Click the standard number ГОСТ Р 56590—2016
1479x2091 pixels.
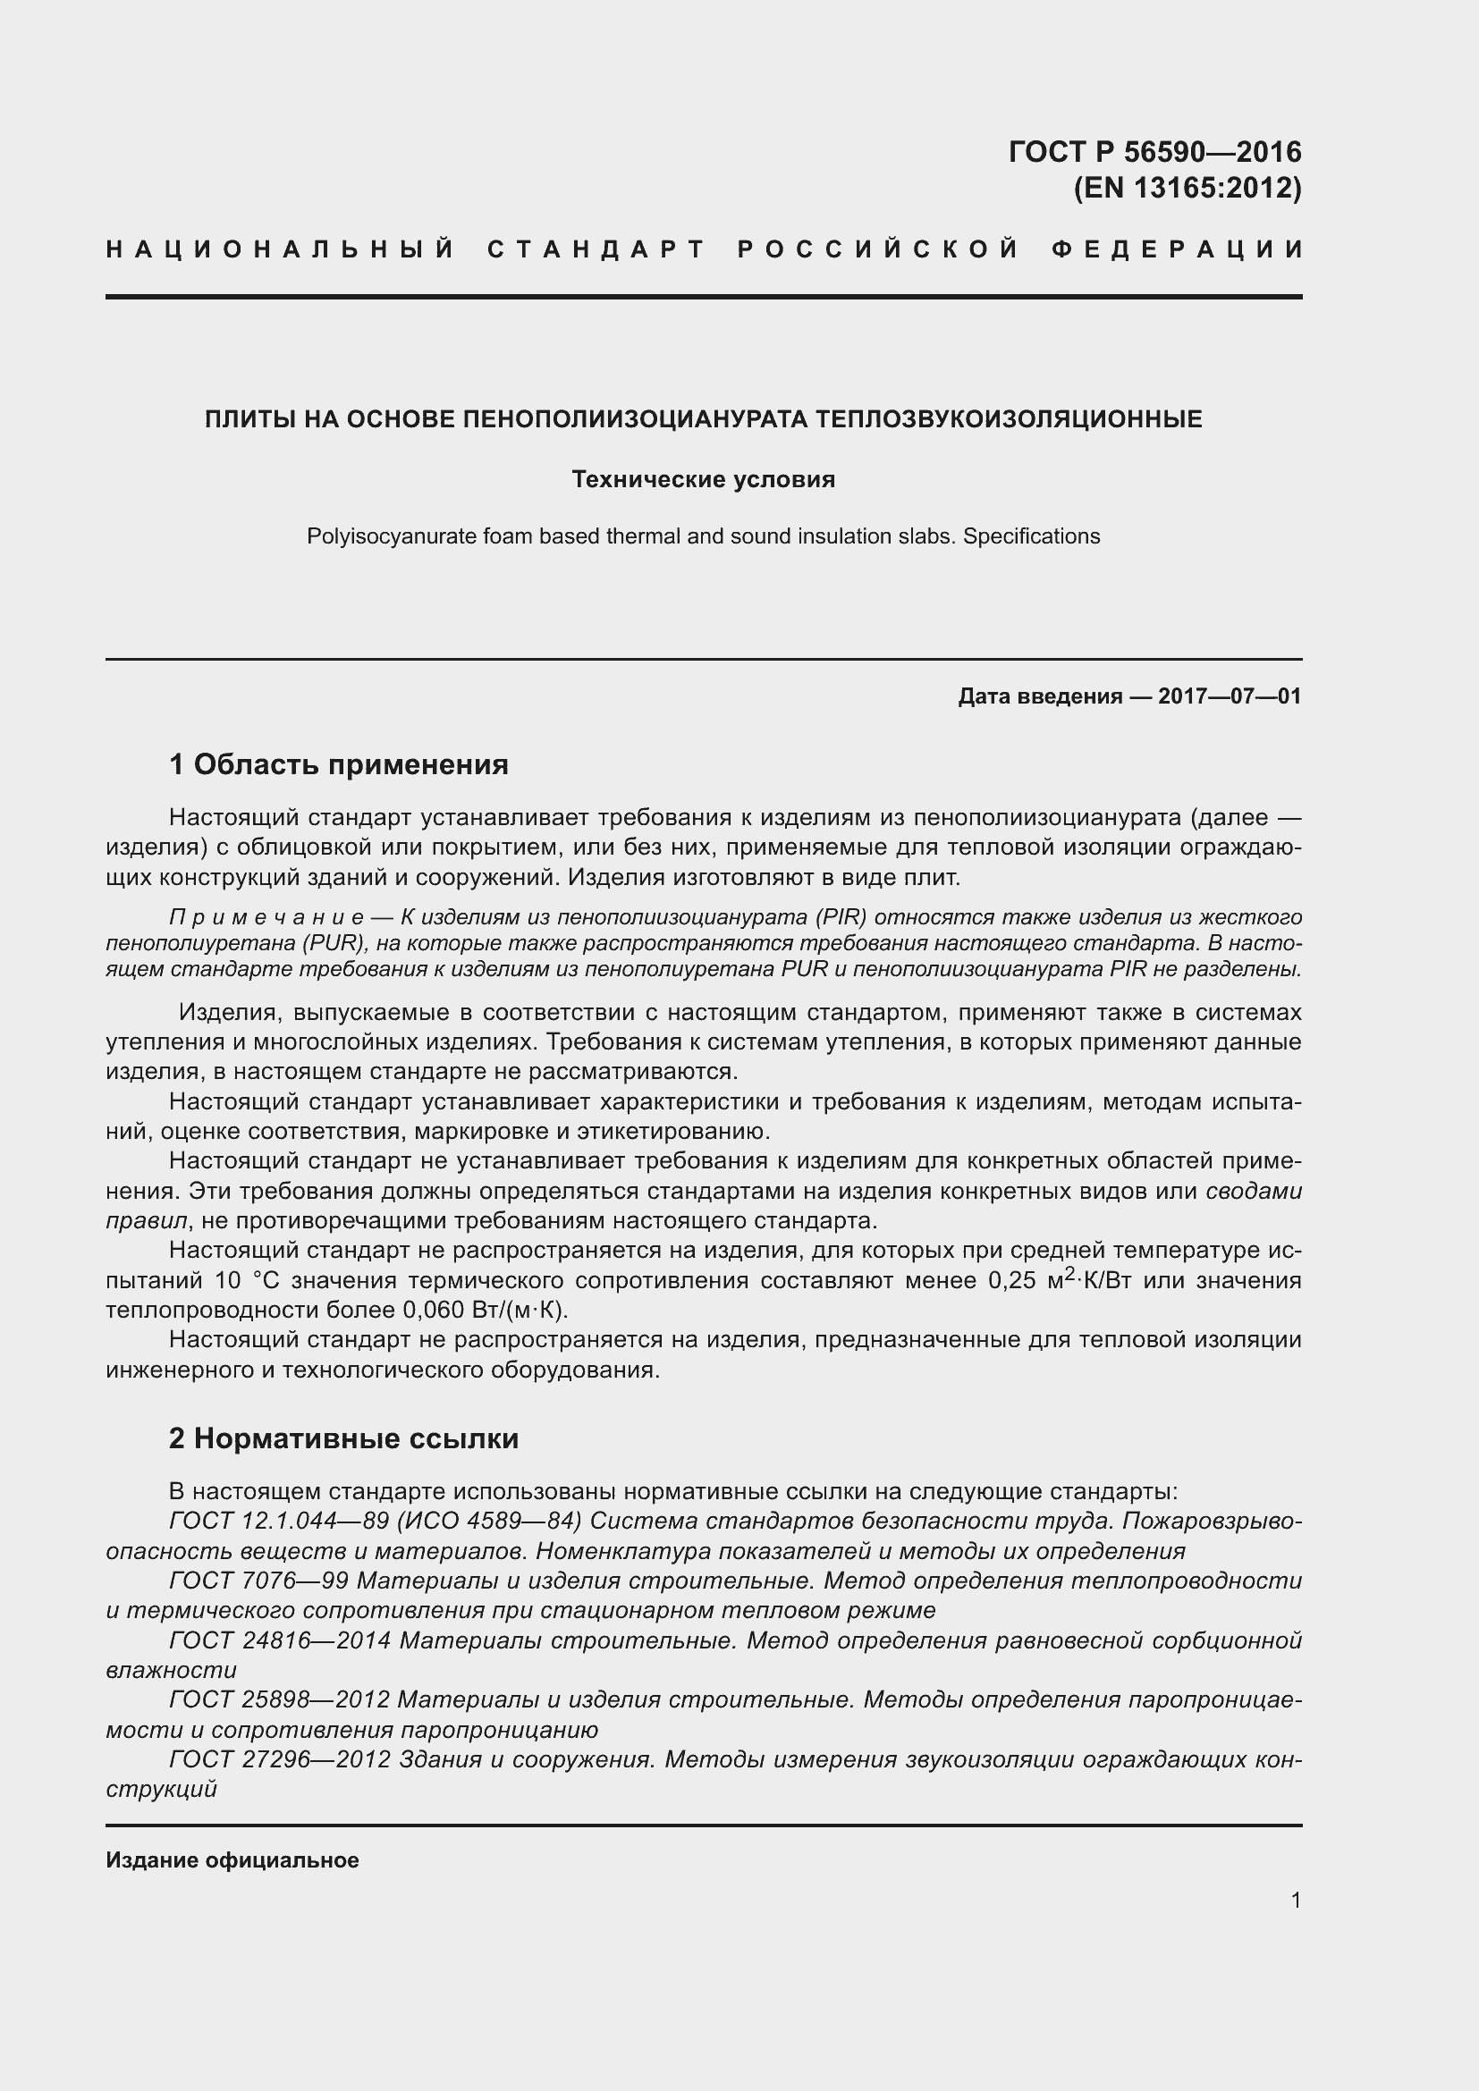pyautogui.click(x=1154, y=151)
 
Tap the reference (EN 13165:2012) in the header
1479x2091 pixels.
pyautogui.click(x=1187, y=188)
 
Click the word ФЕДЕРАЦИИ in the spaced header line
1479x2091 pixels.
pyautogui.click(x=1178, y=249)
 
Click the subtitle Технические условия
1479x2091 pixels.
pyautogui.click(x=703, y=479)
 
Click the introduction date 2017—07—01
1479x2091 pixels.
pyautogui.click(x=1229, y=696)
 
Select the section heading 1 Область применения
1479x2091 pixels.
pyautogui.click(x=338, y=764)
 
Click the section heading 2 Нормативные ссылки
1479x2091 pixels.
pyautogui.click(x=343, y=1439)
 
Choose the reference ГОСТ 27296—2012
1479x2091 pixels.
pyautogui.click(x=280, y=1759)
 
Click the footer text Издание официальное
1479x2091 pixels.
pyautogui.click(x=232, y=1859)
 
